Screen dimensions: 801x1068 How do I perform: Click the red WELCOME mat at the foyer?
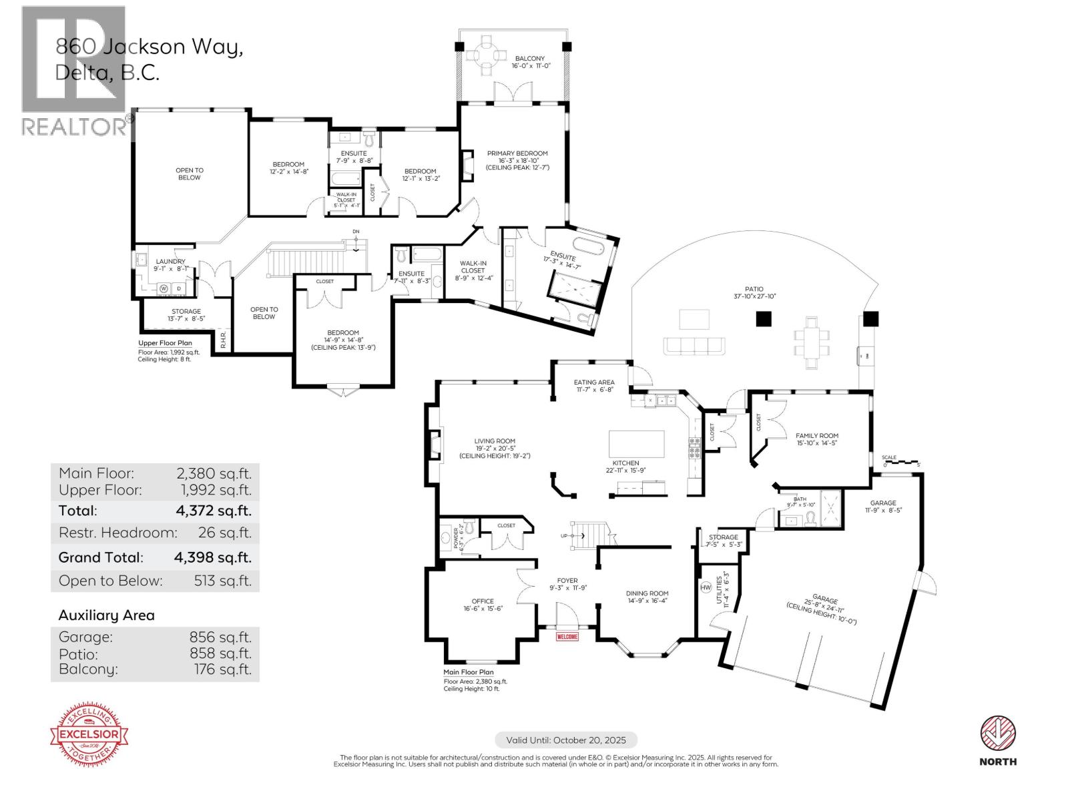coord(567,637)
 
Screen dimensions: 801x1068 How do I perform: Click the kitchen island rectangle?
coord(636,444)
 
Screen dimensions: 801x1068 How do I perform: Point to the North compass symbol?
coord(998,734)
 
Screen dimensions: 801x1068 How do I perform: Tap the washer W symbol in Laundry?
coord(163,288)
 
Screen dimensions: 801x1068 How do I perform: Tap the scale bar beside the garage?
coord(902,460)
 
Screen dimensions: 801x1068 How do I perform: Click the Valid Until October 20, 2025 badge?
coord(566,740)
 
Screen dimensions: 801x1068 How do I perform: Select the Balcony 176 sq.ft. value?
coord(222,670)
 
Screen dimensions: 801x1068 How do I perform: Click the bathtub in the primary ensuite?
coord(589,245)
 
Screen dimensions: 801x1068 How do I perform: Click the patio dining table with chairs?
coord(812,342)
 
